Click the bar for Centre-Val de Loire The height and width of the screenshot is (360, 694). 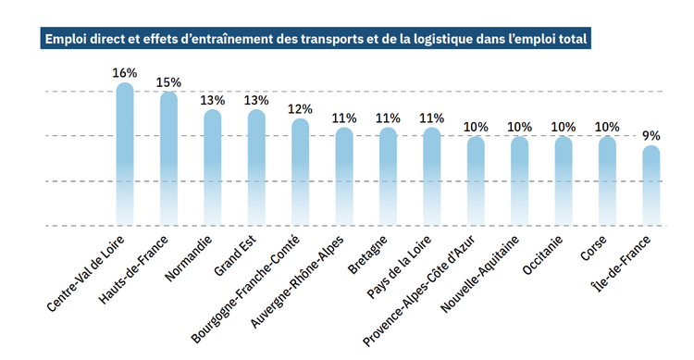point(124,154)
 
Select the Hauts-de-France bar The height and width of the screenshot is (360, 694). point(168,158)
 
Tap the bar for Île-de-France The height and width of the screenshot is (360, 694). point(651,185)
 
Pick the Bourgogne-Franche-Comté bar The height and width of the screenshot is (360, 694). point(300,172)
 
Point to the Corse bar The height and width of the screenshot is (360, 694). point(607,180)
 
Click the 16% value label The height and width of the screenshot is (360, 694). point(124,73)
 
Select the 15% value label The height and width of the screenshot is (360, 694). point(168,82)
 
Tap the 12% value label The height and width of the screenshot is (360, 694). point(300,109)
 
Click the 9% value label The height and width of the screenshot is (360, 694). point(651,136)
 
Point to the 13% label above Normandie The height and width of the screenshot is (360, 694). point(213,100)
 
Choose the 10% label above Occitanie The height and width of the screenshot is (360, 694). point(563,127)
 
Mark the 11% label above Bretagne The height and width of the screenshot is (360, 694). point(388,118)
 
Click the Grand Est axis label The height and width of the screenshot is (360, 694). point(235,256)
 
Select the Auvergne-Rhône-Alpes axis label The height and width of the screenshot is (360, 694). point(296,282)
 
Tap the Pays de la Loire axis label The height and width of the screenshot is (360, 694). point(399,267)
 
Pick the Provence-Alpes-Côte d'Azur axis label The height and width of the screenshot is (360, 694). point(418,291)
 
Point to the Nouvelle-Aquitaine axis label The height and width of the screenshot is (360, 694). point(479,274)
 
